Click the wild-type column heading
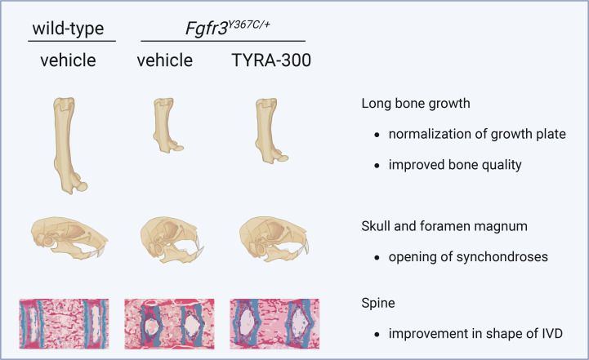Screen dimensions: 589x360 click(68, 29)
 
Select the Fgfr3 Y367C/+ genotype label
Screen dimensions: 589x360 click(227, 28)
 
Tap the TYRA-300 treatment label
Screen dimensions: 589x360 click(271, 60)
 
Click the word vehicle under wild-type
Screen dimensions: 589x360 click(68, 60)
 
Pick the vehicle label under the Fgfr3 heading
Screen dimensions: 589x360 click(164, 60)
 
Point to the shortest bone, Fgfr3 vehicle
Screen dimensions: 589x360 click(164, 124)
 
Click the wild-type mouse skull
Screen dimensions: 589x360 click(69, 238)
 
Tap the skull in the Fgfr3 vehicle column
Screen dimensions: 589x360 click(172, 239)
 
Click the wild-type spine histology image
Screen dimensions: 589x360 click(64, 323)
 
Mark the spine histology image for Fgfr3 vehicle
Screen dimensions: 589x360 click(169, 323)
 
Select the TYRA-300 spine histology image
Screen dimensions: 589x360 click(274, 323)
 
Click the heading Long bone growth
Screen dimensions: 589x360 click(416, 104)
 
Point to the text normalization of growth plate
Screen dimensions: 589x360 click(477, 134)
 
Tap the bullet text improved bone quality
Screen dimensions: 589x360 click(455, 165)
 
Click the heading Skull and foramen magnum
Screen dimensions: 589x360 click(444, 226)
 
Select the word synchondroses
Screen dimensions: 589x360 click(502, 257)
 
